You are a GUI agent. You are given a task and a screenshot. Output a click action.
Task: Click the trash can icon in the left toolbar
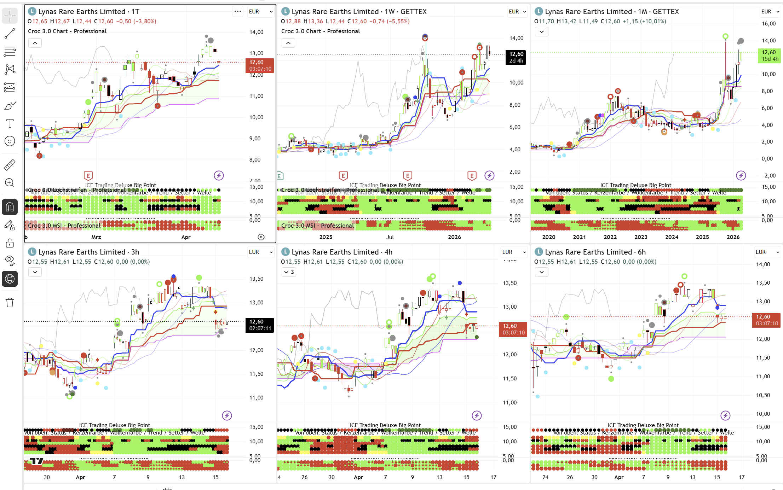pyautogui.click(x=10, y=303)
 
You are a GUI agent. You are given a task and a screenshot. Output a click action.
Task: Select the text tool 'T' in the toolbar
pyautogui.click(x=10, y=123)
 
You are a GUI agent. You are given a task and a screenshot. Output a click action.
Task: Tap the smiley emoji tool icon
pyautogui.click(x=10, y=141)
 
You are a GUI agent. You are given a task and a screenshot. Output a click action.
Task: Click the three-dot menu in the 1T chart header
pyautogui.click(x=238, y=12)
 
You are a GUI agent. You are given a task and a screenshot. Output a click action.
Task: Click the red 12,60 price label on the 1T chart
pyautogui.click(x=259, y=65)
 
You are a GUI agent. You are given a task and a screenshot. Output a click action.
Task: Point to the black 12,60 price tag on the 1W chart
pyautogui.click(x=516, y=57)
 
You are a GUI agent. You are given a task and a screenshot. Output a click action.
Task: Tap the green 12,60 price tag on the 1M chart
pyautogui.click(x=769, y=56)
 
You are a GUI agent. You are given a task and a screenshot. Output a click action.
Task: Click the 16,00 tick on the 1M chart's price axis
pyautogui.click(x=768, y=24)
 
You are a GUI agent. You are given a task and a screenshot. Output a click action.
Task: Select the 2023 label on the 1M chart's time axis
pyautogui.click(x=641, y=237)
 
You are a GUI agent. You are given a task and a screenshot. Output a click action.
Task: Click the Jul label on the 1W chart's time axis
pyautogui.click(x=390, y=237)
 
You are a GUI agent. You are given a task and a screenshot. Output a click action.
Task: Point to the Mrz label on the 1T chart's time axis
pyautogui.click(x=96, y=237)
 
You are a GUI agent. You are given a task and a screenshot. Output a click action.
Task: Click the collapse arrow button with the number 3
pyautogui.click(x=289, y=272)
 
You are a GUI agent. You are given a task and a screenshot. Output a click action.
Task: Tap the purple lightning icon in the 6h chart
pyautogui.click(x=726, y=415)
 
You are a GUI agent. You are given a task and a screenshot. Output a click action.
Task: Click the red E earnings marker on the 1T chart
pyautogui.click(x=88, y=176)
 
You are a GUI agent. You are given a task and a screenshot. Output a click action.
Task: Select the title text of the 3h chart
pyautogui.click(x=88, y=252)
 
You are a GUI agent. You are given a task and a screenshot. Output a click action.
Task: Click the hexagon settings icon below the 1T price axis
pyautogui.click(x=261, y=237)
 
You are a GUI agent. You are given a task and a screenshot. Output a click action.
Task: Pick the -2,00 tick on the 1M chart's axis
pyautogui.click(x=768, y=176)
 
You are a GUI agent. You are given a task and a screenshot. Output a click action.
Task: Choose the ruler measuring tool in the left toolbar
pyautogui.click(x=10, y=165)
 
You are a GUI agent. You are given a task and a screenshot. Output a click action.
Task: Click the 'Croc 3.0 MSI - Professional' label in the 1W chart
pyautogui.click(x=317, y=226)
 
